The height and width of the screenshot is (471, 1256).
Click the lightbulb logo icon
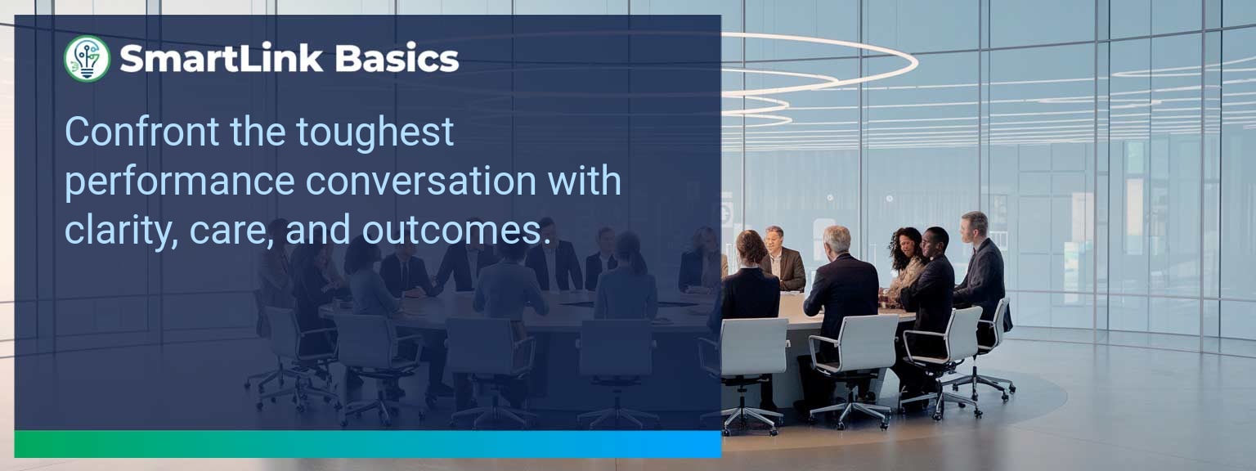(87, 59)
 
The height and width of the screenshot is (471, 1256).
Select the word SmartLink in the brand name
(220, 59)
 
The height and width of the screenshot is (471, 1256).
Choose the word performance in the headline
(179, 182)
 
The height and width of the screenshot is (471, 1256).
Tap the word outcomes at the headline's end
(452, 231)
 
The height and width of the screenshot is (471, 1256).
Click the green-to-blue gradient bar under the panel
(368, 444)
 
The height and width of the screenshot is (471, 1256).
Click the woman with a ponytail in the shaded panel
(626, 278)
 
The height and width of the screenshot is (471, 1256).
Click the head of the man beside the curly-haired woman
(935, 240)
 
